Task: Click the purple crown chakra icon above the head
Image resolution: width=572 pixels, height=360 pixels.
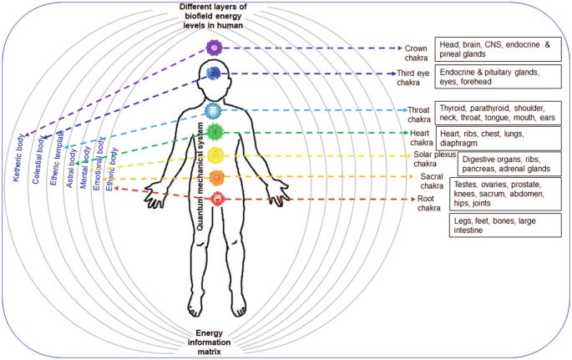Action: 216,48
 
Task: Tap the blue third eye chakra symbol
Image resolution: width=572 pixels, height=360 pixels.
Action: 215,74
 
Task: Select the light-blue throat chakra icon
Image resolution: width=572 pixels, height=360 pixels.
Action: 215,110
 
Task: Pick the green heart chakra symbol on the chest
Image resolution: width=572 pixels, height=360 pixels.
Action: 215,131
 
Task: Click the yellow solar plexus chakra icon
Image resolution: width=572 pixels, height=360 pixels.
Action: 215,155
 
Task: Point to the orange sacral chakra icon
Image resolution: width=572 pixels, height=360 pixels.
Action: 215,177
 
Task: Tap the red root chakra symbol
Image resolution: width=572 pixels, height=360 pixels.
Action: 215,198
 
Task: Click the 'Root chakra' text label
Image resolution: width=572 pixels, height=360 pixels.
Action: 429,204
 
